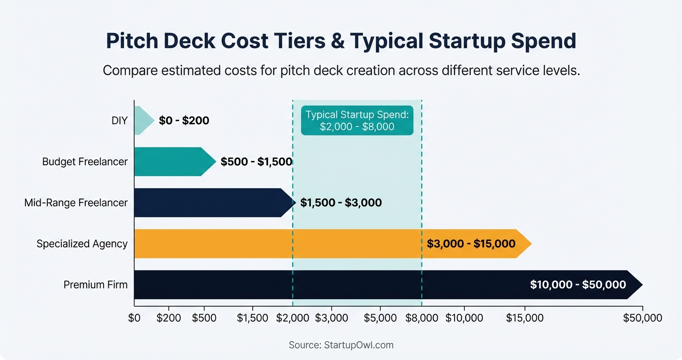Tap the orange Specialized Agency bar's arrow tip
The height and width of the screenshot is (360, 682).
pyautogui.click(x=526, y=244)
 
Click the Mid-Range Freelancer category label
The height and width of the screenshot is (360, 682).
pyautogui.click(x=76, y=203)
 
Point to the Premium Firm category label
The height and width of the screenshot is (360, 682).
pyautogui.click(x=96, y=285)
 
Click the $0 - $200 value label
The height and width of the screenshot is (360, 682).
pyautogui.click(x=184, y=121)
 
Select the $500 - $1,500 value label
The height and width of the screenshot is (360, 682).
pyautogui.click(x=256, y=162)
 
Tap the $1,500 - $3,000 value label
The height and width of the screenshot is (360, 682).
pyautogui.click(x=341, y=203)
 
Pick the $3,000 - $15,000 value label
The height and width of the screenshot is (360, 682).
pyautogui.click(x=471, y=244)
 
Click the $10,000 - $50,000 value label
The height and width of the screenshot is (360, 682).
pyautogui.click(x=578, y=285)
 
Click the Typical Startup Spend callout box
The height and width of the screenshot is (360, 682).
pyautogui.click(x=357, y=121)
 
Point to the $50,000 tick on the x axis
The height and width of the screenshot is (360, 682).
pyautogui.click(x=642, y=318)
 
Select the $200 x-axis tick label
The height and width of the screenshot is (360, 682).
pyautogui.click(x=169, y=318)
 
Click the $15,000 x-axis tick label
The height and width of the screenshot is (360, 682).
pyautogui.click(x=524, y=318)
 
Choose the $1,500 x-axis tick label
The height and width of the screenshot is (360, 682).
pyautogui.click(x=252, y=318)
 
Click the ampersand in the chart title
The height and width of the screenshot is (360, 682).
pyautogui.click(x=338, y=41)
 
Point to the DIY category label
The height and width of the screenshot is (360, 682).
pyautogui.click(x=119, y=121)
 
